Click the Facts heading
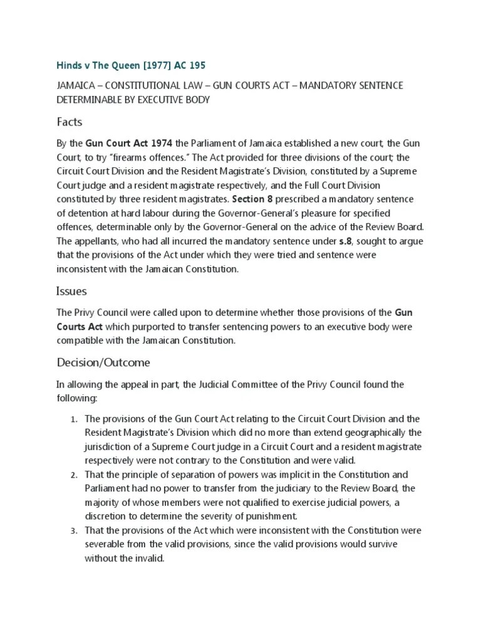[x=70, y=122]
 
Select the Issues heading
[x=72, y=291]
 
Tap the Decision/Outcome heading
[x=103, y=362]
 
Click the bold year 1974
[x=159, y=143]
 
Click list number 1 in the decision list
[x=73, y=419]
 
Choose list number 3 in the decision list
[x=73, y=530]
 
